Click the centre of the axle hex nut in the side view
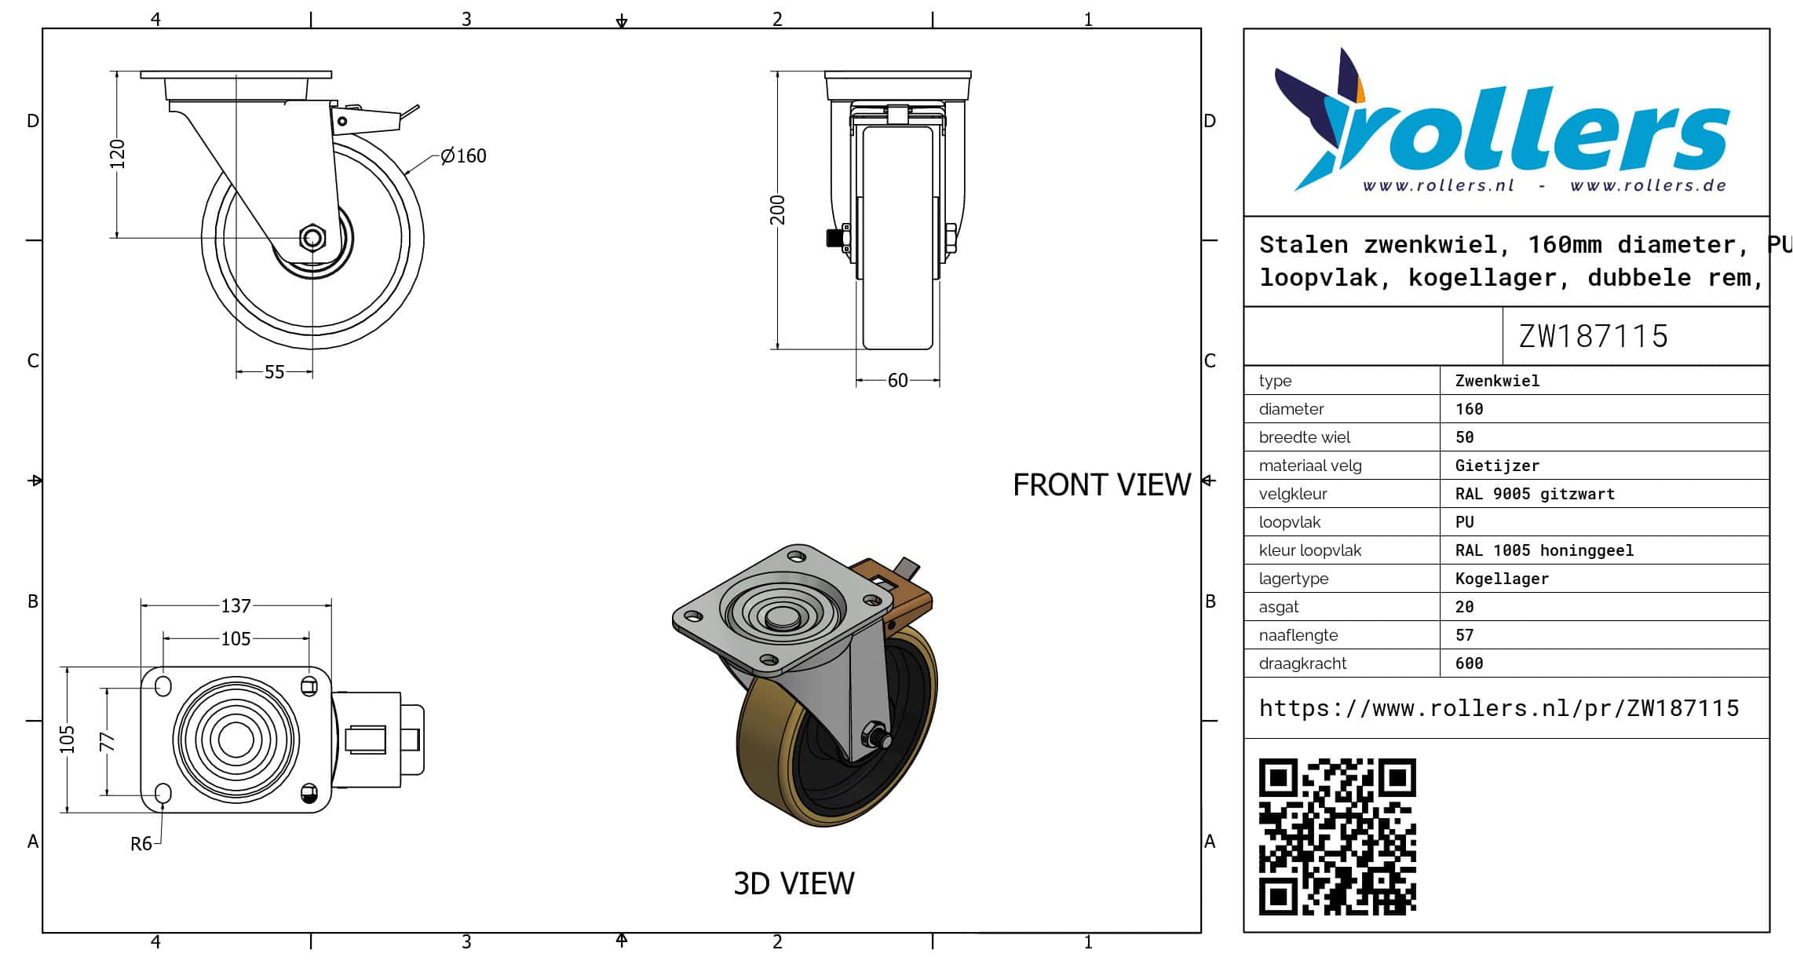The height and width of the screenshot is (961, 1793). click(x=312, y=237)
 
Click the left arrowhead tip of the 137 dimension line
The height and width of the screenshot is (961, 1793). click(x=141, y=605)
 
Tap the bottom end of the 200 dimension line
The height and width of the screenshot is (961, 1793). click(x=777, y=349)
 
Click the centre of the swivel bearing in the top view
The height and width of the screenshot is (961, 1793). click(x=236, y=739)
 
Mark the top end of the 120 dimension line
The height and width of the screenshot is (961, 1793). click(x=117, y=71)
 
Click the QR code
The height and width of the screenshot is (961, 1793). click(x=1337, y=836)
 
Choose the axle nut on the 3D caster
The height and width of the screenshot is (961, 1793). click(x=874, y=736)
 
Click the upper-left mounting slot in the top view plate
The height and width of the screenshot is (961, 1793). click(x=163, y=685)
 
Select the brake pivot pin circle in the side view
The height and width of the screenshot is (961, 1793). click(x=342, y=122)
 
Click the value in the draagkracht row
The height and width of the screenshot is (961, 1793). click(x=1469, y=663)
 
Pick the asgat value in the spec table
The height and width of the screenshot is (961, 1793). click(x=1464, y=607)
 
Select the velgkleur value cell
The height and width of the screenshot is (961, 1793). click(x=1535, y=494)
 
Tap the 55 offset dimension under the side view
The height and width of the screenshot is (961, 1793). click(x=274, y=372)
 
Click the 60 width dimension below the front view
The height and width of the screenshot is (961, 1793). click(x=897, y=381)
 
